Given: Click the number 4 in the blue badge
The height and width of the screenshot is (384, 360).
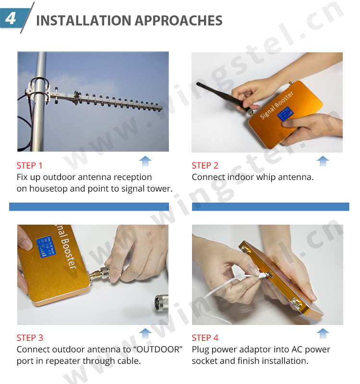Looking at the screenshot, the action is (11, 18).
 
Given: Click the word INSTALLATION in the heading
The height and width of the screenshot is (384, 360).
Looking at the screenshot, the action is (84, 20).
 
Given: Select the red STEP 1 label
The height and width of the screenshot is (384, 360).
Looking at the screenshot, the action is (30, 166).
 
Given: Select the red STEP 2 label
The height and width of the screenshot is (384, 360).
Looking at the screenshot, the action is (205, 166).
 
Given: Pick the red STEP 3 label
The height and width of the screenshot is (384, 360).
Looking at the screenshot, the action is (30, 338).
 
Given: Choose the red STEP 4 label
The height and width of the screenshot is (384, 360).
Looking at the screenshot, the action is (205, 338).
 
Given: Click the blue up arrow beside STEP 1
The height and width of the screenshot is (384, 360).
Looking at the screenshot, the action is (145, 161).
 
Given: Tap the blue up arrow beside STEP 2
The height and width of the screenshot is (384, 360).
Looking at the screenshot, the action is (323, 161).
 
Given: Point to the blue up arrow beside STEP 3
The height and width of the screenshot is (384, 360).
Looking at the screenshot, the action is (145, 333).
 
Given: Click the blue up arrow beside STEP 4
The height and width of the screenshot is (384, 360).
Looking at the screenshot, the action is (323, 333).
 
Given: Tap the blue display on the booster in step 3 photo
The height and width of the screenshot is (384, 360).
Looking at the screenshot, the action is (46, 247).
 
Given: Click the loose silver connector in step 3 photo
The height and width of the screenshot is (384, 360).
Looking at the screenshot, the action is (162, 304).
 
